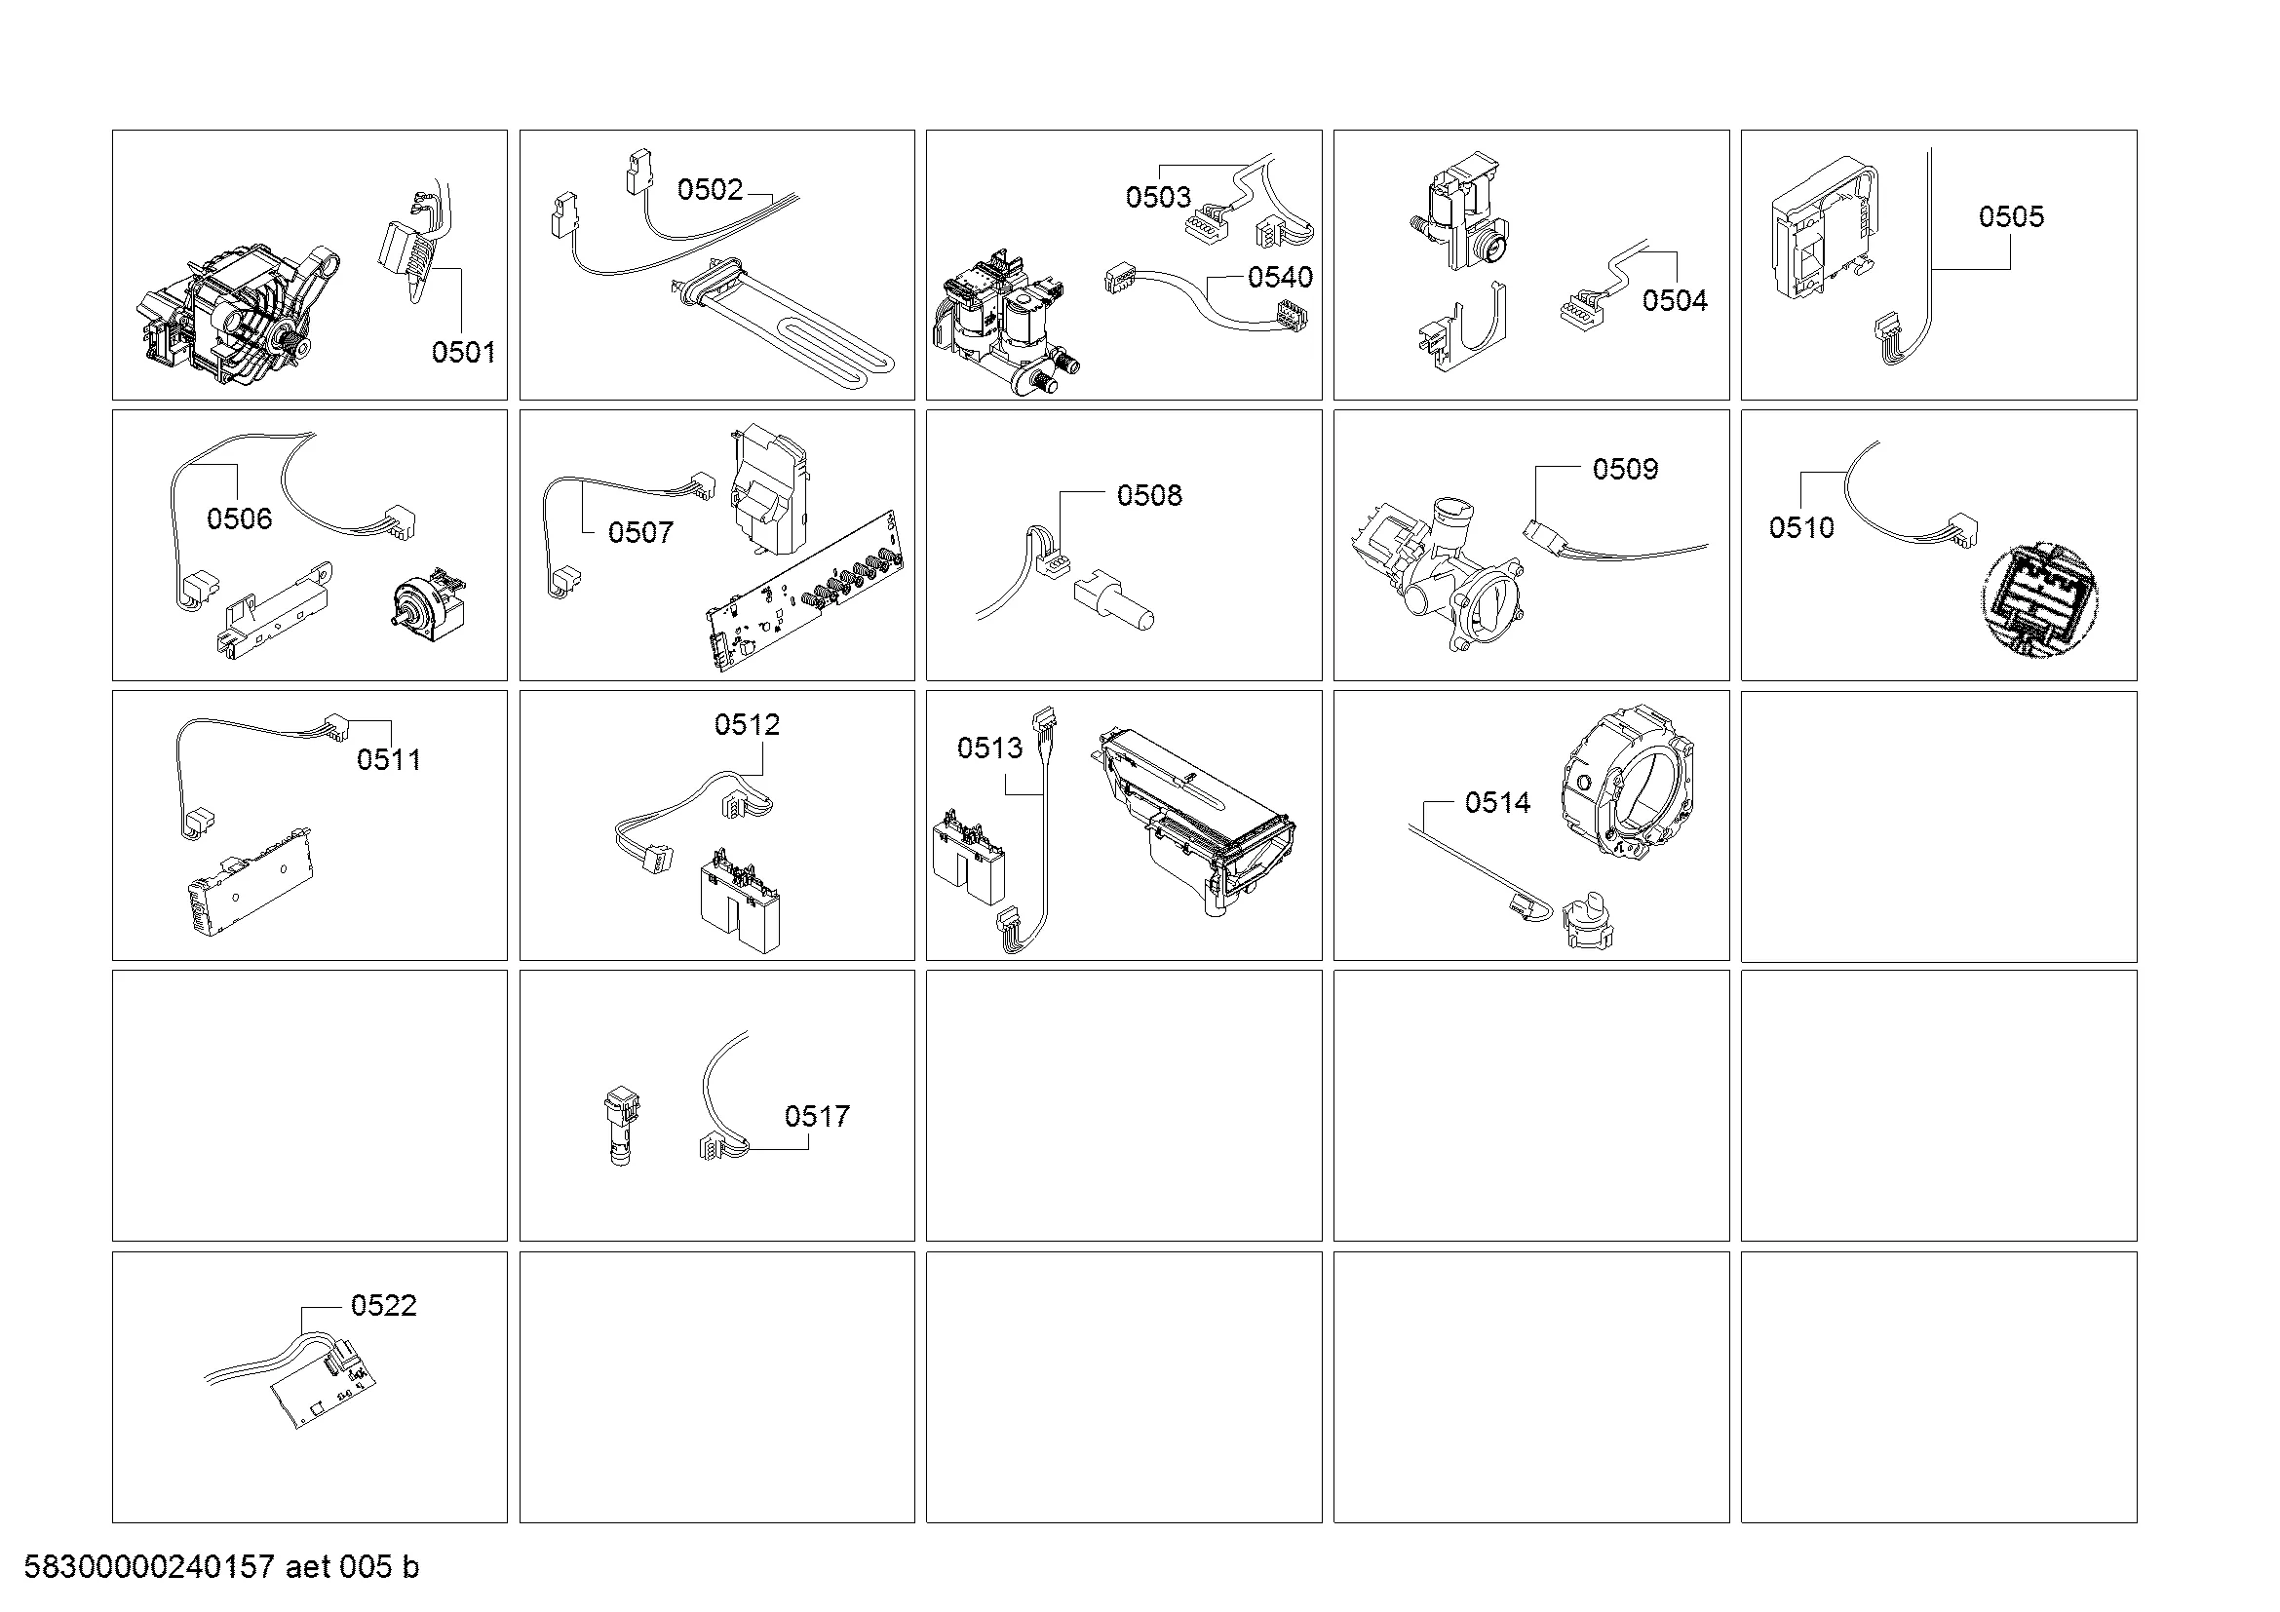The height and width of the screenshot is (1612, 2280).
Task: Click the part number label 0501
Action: [463, 352]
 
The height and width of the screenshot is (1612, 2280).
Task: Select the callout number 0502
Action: [709, 190]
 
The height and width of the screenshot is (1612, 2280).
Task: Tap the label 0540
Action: [1280, 277]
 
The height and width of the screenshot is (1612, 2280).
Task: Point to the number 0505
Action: [2011, 216]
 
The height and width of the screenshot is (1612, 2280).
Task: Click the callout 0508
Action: [1149, 495]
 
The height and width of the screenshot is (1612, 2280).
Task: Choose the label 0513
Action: [989, 748]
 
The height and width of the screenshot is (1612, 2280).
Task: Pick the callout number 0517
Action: [816, 1116]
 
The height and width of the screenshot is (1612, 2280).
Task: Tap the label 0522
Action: [383, 1305]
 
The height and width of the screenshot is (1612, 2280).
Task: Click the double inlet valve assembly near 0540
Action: [1003, 323]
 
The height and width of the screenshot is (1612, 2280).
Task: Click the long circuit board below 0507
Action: [805, 591]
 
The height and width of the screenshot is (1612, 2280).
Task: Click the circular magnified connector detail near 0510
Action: [2040, 601]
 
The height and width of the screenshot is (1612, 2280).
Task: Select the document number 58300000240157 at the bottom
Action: [149, 1567]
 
